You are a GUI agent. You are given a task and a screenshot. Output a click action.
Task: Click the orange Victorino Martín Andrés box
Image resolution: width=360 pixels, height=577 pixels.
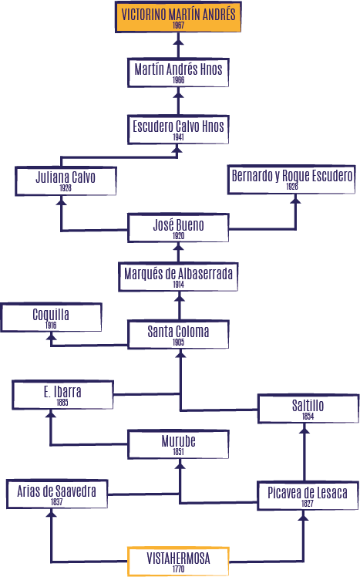[x=178, y=17]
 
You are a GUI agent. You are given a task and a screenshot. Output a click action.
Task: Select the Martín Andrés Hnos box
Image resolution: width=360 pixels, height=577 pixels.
[x=178, y=73]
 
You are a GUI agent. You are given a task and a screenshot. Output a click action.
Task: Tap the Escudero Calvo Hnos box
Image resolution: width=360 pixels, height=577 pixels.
[x=178, y=130]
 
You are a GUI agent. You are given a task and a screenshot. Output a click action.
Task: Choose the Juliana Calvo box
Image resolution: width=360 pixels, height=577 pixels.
[x=66, y=181]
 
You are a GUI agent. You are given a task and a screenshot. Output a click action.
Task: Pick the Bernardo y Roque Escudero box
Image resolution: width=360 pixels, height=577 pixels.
[x=291, y=180]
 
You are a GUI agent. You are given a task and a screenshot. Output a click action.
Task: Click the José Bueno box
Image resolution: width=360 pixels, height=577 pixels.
[x=178, y=228]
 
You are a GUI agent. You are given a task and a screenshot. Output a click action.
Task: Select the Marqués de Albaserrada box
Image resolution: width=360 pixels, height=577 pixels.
[x=178, y=277]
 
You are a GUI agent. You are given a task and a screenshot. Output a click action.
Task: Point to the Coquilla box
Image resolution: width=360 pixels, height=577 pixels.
[x=51, y=318]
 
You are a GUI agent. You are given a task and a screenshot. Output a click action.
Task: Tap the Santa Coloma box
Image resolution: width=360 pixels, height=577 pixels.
[x=178, y=334]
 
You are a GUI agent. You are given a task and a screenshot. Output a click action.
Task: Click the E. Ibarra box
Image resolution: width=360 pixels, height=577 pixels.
[x=63, y=395]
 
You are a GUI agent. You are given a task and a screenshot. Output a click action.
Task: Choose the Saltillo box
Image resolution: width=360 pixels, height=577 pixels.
[x=308, y=409]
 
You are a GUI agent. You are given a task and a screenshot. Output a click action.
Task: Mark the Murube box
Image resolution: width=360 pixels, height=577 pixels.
[x=178, y=444]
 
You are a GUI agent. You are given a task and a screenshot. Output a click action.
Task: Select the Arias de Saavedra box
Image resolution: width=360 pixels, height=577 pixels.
[x=57, y=494]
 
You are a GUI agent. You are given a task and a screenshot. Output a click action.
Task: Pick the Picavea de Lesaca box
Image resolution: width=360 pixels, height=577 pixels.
[x=308, y=496]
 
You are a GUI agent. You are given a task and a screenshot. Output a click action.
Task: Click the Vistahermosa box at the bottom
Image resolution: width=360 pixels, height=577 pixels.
[x=178, y=562]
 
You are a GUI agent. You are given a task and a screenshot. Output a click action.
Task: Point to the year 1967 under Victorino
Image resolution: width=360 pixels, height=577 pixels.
[x=178, y=25]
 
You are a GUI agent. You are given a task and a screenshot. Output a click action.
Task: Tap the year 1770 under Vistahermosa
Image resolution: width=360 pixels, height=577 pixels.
[x=178, y=569]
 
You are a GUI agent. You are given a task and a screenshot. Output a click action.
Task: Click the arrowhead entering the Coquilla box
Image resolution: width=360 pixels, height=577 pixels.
[x=51, y=336]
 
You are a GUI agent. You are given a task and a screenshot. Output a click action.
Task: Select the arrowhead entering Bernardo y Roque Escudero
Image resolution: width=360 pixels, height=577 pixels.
[x=295, y=199]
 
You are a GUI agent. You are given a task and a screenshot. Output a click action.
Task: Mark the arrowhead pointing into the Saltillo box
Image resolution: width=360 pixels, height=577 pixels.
[x=304, y=428]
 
